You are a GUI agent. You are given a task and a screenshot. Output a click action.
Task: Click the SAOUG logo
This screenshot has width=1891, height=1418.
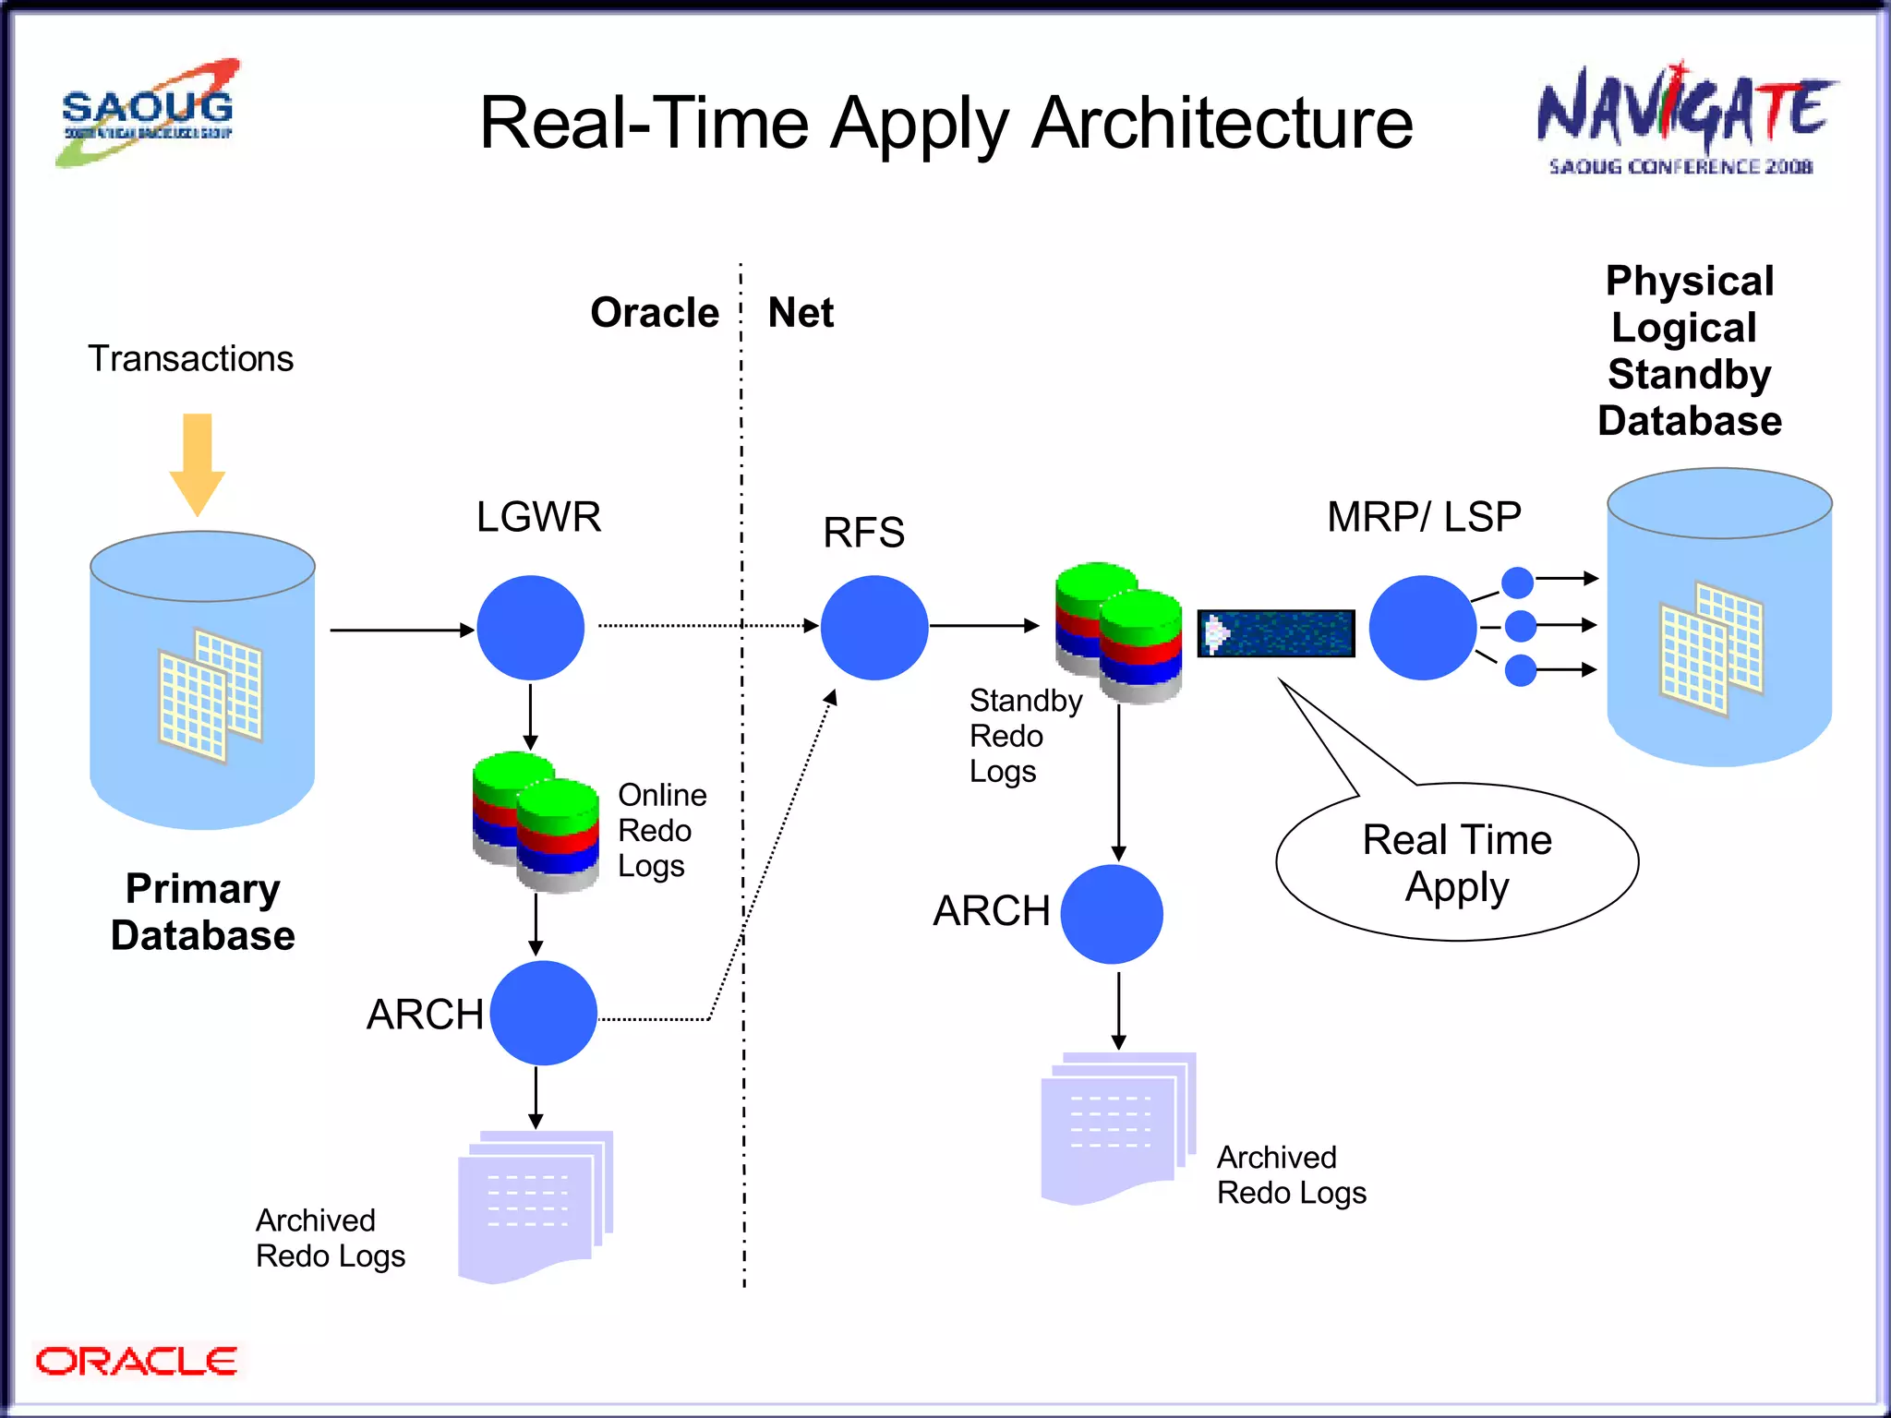click(148, 113)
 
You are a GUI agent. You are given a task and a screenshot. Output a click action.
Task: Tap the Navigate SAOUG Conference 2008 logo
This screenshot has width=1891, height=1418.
click(1685, 120)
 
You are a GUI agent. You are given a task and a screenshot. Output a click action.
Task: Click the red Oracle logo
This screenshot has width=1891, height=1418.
click(136, 1361)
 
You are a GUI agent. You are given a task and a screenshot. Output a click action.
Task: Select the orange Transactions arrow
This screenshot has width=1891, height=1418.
click(197, 462)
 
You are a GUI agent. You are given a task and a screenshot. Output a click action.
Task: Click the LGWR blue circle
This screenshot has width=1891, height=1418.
click(530, 628)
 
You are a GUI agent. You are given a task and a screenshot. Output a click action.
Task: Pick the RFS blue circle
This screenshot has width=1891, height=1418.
click(873, 628)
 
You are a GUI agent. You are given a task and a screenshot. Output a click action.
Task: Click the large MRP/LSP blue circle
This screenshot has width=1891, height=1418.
click(1422, 628)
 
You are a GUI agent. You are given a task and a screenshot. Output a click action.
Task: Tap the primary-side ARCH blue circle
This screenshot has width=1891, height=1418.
click(543, 1013)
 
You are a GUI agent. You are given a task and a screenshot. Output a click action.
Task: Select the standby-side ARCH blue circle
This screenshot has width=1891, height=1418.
click(1111, 914)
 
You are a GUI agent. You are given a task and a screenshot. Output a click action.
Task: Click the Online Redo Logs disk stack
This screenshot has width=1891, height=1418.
click(536, 822)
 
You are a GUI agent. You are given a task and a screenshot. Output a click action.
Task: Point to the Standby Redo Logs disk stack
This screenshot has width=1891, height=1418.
click(1119, 632)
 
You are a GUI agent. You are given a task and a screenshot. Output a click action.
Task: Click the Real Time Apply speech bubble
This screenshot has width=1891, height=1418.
click(1456, 863)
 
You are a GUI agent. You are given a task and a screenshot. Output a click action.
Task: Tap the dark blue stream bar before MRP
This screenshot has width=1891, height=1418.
click(1276, 633)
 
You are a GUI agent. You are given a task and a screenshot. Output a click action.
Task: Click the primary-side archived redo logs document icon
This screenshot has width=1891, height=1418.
click(536, 1205)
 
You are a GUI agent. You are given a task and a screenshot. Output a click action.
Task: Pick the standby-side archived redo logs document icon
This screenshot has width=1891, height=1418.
click(1117, 1126)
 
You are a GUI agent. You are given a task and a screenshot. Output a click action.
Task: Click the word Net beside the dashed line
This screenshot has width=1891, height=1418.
click(801, 313)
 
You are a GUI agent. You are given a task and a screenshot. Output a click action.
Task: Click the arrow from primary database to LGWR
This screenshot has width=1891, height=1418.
click(402, 630)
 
